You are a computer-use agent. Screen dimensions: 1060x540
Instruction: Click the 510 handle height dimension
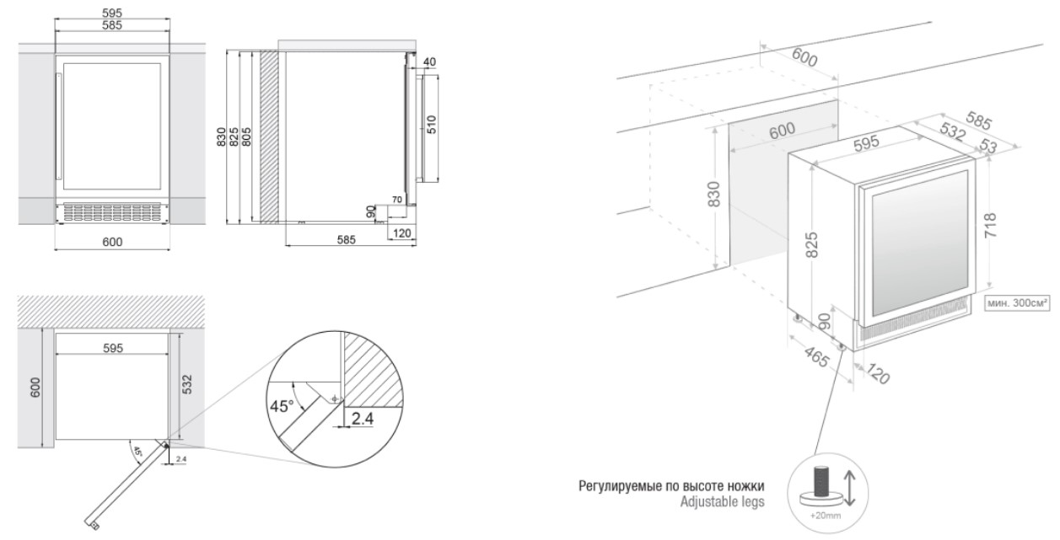tap(431, 125)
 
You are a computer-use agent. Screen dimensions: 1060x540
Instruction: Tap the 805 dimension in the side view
tap(246, 136)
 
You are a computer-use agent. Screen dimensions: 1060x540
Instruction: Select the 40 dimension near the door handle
tap(429, 62)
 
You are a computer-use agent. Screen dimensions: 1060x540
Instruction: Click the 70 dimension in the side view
tap(397, 200)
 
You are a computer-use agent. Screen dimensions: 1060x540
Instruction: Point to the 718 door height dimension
tap(990, 226)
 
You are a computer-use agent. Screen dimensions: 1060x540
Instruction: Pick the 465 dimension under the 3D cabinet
tap(816, 356)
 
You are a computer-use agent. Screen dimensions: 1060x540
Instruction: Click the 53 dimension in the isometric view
tap(988, 146)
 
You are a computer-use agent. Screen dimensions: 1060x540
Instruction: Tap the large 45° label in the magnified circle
tap(282, 406)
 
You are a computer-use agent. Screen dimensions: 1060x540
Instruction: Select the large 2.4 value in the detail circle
tap(362, 419)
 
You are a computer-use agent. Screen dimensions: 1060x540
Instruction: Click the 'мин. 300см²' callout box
tap(1016, 302)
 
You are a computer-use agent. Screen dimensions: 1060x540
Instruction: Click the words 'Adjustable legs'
tap(722, 501)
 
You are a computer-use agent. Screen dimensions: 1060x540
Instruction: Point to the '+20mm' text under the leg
tap(826, 516)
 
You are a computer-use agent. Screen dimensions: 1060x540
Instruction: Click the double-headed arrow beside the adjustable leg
tap(850, 489)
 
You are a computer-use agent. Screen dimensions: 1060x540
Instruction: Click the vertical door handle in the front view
tap(59, 126)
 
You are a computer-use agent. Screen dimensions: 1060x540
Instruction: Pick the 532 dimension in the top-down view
tap(187, 384)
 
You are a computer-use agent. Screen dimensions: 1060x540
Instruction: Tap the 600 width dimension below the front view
tap(112, 242)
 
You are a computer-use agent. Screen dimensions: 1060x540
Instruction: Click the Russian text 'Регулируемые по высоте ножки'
tap(671, 486)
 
